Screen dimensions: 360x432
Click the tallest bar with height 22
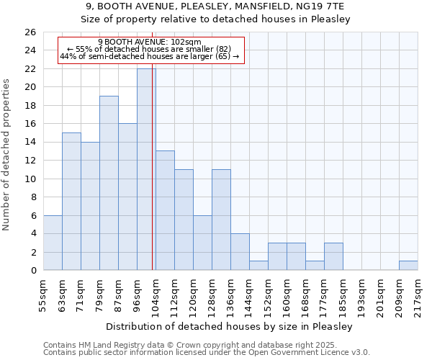point(146,169)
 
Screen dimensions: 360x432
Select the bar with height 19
point(109,183)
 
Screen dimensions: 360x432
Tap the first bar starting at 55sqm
point(53,243)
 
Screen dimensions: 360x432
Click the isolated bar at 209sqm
point(408,265)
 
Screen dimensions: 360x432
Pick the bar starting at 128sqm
point(221,220)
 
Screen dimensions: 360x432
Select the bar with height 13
point(165,210)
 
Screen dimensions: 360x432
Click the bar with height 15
point(71,201)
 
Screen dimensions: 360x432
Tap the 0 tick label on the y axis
point(33,271)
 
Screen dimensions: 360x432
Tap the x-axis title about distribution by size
point(230,327)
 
